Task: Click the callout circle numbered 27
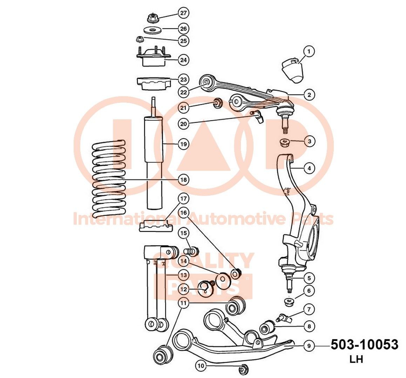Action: coord(183,13)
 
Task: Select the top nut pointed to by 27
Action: coord(152,16)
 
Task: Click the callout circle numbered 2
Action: coord(309,94)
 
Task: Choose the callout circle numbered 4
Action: coord(309,168)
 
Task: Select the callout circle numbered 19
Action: coord(183,143)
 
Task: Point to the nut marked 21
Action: coord(217,103)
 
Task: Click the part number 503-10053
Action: coord(364,345)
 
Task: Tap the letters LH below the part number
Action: coord(356,359)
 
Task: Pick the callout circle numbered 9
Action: coord(309,346)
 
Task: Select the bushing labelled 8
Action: coord(267,327)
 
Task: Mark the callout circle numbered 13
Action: coord(183,275)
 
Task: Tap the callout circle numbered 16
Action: coord(183,212)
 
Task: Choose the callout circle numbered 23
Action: coord(183,79)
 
